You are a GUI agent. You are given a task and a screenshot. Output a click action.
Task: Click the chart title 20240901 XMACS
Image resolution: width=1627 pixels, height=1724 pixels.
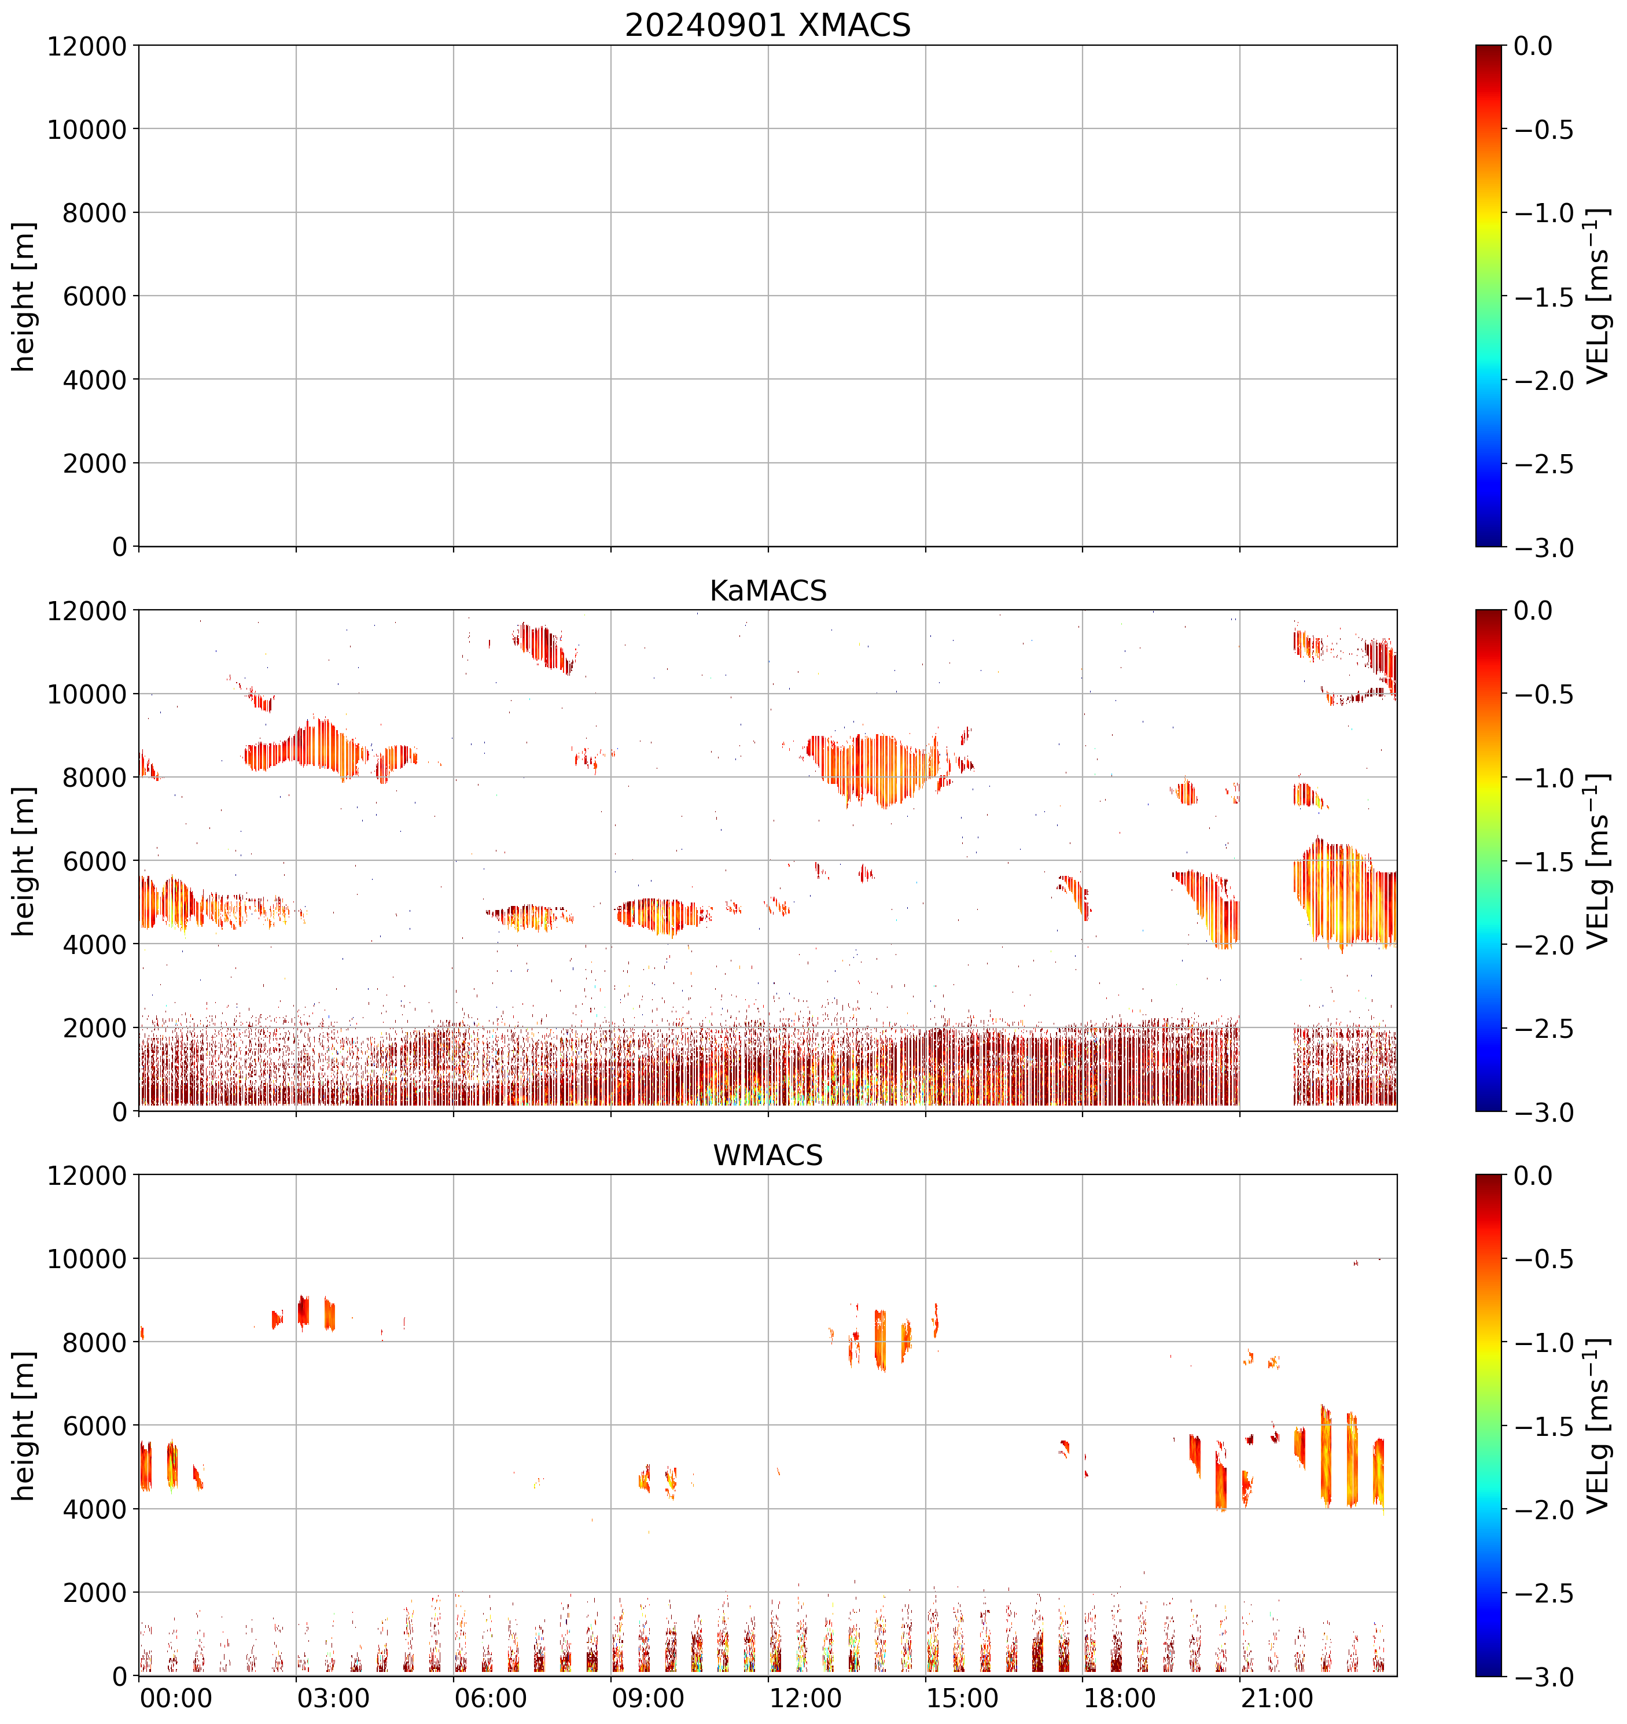(768, 25)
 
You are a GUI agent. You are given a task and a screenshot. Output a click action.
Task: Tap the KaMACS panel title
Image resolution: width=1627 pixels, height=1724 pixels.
(768, 591)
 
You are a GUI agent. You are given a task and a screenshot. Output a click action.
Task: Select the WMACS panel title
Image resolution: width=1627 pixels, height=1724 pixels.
(768, 1155)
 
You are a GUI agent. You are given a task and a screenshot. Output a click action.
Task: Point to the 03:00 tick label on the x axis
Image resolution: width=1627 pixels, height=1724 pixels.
(333, 1698)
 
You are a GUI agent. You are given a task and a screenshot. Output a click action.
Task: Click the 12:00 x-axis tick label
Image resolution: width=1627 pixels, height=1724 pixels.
(806, 1698)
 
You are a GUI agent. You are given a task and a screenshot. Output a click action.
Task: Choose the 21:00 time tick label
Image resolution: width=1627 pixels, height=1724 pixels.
(1276, 1698)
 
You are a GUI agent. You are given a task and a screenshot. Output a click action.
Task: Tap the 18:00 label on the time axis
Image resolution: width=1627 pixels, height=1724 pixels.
(1120, 1698)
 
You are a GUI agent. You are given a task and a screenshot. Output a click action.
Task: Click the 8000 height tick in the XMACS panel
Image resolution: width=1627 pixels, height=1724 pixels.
(94, 212)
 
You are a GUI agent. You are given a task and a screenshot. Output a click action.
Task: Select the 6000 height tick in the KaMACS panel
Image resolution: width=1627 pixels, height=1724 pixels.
(94, 861)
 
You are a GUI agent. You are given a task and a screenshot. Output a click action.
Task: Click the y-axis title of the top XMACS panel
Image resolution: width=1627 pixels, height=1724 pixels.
(24, 297)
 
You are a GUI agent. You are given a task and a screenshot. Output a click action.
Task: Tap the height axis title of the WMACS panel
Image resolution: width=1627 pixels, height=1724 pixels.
(24, 1425)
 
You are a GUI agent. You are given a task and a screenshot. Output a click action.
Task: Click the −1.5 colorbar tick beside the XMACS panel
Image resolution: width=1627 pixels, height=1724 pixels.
(1544, 297)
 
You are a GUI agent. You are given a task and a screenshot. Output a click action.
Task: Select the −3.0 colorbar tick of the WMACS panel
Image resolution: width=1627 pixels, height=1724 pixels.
(1544, 1677)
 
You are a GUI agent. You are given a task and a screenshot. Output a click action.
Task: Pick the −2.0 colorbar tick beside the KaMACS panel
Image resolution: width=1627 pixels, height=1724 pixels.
(1544, 945)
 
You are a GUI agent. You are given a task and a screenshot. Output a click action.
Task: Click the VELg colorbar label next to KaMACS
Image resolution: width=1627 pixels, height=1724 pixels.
(1597, 861)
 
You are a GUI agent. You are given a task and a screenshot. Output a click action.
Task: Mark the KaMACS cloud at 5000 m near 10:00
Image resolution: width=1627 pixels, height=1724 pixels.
(659, 915)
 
